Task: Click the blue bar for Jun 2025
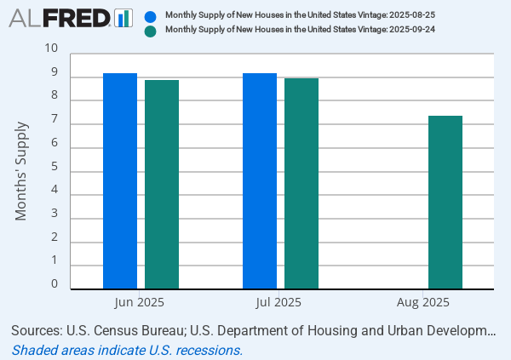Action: [120, 181]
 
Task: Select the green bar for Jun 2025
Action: [162, 185]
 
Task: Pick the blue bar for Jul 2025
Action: [260, 181]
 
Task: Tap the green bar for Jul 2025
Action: [301, 184]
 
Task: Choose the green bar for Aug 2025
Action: [445, 203]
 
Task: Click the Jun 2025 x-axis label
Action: [139, 302]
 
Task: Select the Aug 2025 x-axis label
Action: [422, 302]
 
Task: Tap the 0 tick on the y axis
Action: [55, 284]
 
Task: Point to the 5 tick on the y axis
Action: [55, 167]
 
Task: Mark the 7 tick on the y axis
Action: [55, 120]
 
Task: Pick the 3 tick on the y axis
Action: [55, 214]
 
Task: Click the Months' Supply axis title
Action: [21, 171]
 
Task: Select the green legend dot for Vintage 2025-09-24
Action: [151, 31]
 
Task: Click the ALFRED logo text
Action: [59, 18]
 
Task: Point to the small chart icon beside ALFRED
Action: [123, 18]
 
